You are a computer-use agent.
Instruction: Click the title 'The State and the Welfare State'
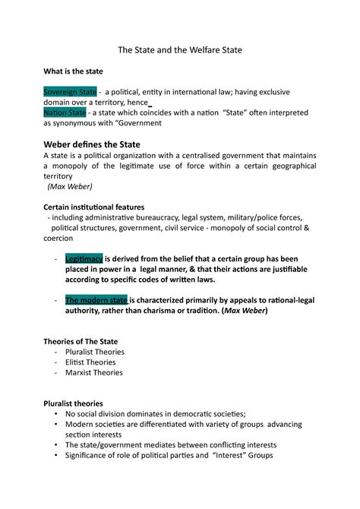(179, 49)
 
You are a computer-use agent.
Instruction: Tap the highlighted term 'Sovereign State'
(70, 91)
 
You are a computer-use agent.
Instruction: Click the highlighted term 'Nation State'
(65, 112)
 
